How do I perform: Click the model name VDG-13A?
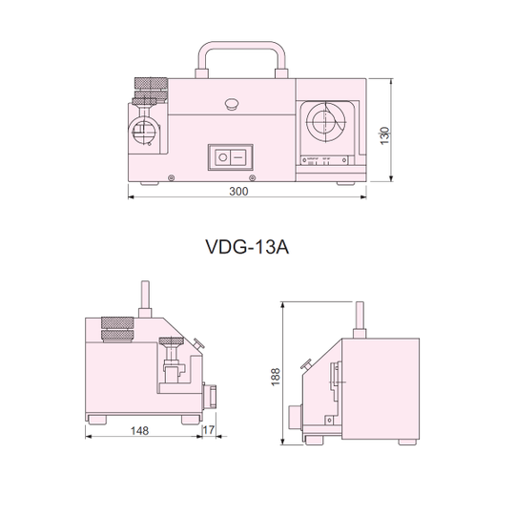tap(246, 247)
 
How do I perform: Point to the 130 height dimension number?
tap(384, 135)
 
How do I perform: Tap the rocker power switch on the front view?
tap(232, 155)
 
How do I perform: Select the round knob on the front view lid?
tap(233, 103)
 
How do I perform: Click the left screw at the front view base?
tap(170, 177)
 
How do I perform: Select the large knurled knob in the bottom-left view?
tap(119, 330)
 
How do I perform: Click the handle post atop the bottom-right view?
tap(360, 316)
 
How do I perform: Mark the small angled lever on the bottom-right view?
tap(305, 362)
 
